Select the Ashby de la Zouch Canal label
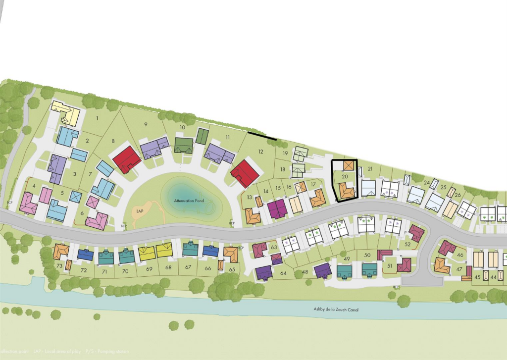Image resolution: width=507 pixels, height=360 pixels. [336, 310]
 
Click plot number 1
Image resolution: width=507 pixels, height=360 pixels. [97, 118]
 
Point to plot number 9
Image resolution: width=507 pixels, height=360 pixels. [146, 124]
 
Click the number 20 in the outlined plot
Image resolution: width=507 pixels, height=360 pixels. [345, 176]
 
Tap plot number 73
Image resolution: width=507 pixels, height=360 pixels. [59, 266]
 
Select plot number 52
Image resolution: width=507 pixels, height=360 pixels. [408, 244]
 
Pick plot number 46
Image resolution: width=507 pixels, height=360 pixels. [460, 255]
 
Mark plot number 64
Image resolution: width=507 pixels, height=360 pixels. [283, 273]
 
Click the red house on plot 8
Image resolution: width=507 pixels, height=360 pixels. [127, 159]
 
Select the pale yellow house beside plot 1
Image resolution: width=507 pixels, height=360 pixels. [66, 112]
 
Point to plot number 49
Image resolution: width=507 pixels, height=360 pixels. [347, 259]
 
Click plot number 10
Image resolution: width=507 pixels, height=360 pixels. [182, 127]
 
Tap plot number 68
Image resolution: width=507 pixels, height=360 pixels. [168, 267]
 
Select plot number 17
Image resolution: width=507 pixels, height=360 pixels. [313, 185]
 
